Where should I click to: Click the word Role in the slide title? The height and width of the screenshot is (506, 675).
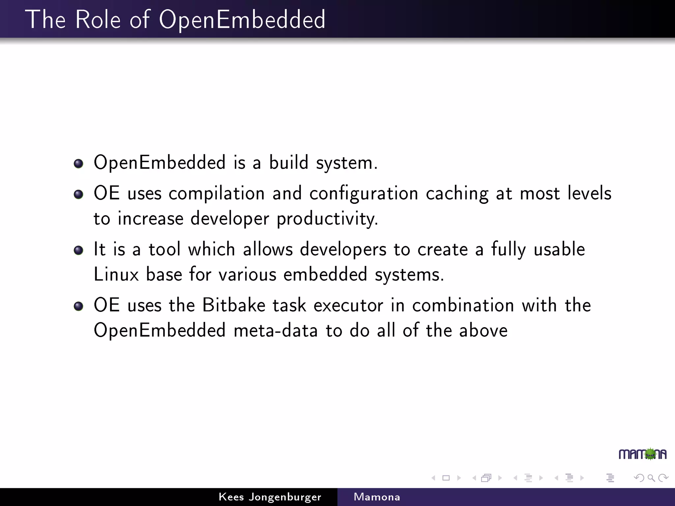98,20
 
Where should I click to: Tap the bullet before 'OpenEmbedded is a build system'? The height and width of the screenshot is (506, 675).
78,163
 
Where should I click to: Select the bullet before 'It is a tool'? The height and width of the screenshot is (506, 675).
78,250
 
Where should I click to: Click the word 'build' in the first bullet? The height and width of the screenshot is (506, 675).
288,162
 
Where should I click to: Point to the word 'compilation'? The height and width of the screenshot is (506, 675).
217,193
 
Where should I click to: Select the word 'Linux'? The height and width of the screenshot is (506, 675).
116,274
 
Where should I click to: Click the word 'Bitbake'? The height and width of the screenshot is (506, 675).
234,305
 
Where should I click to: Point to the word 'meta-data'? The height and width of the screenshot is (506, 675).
276,330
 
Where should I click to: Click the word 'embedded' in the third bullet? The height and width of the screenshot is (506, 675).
325,274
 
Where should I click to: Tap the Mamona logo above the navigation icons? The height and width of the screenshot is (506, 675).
642,454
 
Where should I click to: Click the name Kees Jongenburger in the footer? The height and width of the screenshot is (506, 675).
270,497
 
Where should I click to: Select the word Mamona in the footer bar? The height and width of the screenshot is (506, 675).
377,497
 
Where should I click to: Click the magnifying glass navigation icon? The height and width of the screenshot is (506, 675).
651,478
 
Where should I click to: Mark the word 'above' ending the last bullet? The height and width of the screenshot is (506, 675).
483,330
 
